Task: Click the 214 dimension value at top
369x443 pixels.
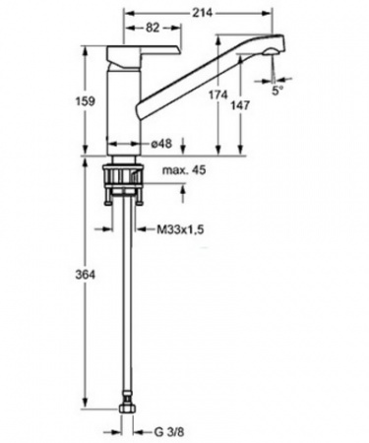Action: (203, 13)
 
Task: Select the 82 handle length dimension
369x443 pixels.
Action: (153, 28)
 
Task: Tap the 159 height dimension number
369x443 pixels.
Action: (85, 101)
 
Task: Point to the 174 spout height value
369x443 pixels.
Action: (218, 95)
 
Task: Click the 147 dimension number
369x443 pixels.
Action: (240, 105)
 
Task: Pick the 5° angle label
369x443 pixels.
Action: (277, 91)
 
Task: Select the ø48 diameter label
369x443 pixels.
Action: (161, 144)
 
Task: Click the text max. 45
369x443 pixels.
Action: (184, 170)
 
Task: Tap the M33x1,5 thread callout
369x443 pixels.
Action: (180, 229)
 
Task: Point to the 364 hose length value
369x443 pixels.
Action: (86, 275)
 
